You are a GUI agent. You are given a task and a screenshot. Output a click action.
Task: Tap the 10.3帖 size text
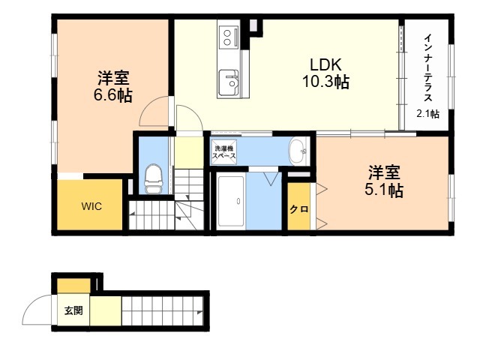(326, 82)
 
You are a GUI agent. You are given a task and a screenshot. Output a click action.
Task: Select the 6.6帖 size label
(112, 95)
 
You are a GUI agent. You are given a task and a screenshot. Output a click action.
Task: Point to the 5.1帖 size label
(384, 190)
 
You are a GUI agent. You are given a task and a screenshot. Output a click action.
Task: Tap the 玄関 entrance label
(73, 310)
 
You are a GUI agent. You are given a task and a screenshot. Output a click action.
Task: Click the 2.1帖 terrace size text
(428, 113)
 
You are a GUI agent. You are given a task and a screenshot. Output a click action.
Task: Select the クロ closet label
(299, 209)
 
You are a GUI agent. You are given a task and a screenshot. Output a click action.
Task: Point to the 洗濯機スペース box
(225, 151)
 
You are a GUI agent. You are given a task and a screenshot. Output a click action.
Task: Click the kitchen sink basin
(227, 82)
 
